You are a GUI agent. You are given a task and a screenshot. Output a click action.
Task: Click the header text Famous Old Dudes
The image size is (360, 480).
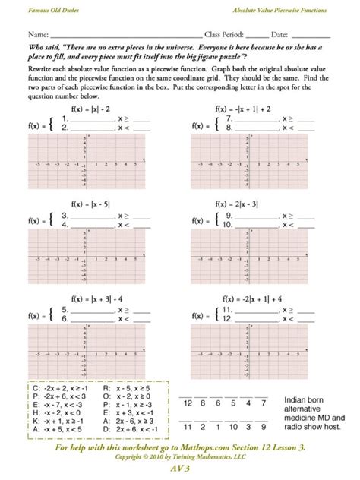tap(51, 8)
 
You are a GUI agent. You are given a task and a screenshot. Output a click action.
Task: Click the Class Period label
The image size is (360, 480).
tap(228, 36)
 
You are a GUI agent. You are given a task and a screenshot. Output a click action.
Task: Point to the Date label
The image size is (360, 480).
tap(281, 36)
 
